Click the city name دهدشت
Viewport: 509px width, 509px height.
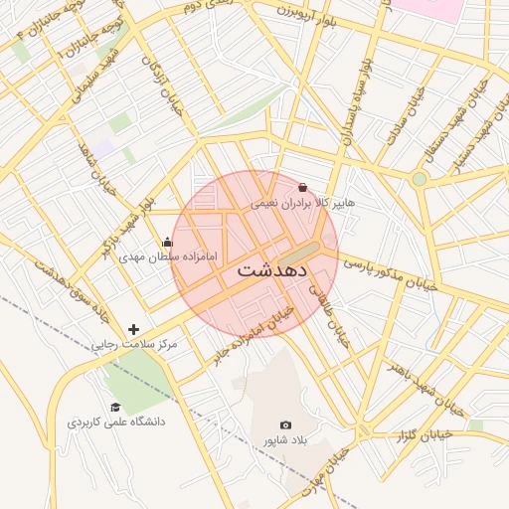click(272, 269)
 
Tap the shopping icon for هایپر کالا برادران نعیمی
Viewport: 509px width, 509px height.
click(302, 186)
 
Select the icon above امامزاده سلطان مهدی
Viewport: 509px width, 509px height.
click(166, 242)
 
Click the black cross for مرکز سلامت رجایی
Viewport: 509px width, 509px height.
click(134, 329)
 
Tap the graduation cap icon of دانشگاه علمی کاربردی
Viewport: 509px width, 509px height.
click(115, 407)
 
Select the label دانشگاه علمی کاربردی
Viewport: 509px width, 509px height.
click(115, 422)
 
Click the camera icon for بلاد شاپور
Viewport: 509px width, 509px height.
click(286, 424)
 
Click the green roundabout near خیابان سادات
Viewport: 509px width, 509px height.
click(420, 179)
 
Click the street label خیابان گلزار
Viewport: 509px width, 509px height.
click(424, 435)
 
